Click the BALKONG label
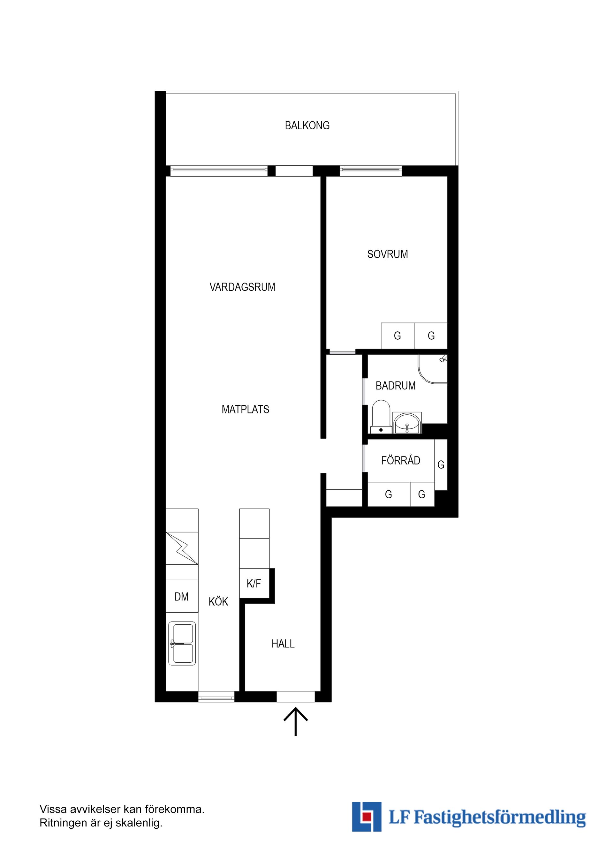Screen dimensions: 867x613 pos(307,125)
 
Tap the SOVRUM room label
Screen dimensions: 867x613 pos(388,254)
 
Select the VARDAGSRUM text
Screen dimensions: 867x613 pos(242,287)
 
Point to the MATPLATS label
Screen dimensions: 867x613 pos(245,409)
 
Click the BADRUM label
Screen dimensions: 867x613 pos(396,386)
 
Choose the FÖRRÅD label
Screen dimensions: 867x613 pos(400,460)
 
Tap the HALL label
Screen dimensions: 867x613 pos(283,644)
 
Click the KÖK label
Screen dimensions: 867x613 pos(218,601)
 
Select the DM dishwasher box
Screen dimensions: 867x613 pos(182,596)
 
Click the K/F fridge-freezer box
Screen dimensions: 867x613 pos(254,584)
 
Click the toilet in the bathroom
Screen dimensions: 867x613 pos(381,417)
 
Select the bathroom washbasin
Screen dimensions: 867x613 pos(406,423)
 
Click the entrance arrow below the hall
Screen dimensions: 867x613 pos(295,722)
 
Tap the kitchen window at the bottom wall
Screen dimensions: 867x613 pos(216,698)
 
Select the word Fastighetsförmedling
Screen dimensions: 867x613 pos(500,817)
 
